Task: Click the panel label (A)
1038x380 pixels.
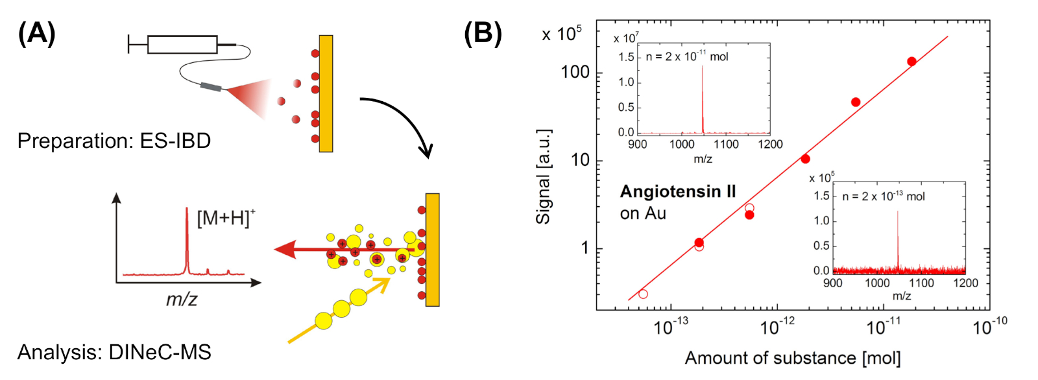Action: click(x=36, y=33)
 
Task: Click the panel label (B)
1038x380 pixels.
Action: click(x=483, y=33)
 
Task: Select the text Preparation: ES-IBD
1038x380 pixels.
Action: click(x=114, y=141)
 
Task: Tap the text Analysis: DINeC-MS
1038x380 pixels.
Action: click(x=114, y=352)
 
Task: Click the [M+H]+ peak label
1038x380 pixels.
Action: click(x=226, y=218)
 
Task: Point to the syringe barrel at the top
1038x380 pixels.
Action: click(x=182, y=44)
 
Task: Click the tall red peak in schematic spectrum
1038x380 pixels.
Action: click(x=187, y=240)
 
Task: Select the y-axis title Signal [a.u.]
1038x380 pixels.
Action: click(x=543, y=176)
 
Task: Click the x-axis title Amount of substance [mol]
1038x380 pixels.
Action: click(x=793, y=358)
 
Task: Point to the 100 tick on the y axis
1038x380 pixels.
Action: click(x=575, y=72)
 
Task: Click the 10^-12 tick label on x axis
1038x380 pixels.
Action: click(x=777, y=326)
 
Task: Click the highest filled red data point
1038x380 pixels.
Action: click(x=911, y=62)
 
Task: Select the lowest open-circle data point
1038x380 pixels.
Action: click(x=643, y=294)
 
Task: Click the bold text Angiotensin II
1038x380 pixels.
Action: click(x=678, y=191)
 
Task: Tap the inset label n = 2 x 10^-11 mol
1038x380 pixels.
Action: click(x=687, y=57)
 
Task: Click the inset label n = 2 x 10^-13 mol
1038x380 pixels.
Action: click(x=883, y=196)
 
